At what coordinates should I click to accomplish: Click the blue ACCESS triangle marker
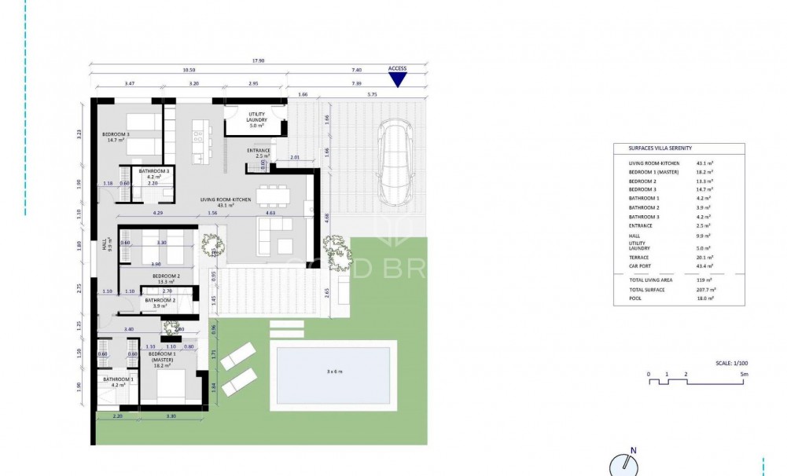click(x=398, y=80)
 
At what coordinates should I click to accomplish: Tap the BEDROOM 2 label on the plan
click(x=166, y=276)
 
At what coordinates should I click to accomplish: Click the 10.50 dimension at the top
click(x=188, y=69)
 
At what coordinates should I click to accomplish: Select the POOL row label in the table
click(x=635, y=298)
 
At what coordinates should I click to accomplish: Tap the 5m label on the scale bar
click(x=744, y=375)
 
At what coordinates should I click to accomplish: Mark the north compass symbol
click(x=623, y=464)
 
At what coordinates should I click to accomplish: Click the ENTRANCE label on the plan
click(x=259, y=151)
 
